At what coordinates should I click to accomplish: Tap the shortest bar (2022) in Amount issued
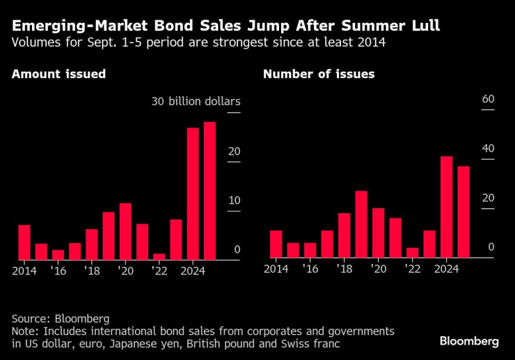[159, 256]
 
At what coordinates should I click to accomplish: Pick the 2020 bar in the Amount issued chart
[125, 231]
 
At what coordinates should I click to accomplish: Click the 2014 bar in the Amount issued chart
[24, 242]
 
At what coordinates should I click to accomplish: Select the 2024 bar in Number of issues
[447, 207]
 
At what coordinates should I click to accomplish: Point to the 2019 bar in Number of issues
[360, 224]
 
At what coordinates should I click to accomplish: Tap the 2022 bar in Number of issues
[413, 253]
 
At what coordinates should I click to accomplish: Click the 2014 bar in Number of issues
[276, 244]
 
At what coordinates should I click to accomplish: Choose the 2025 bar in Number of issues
[463, 212]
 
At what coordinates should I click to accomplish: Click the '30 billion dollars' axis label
[196, 102]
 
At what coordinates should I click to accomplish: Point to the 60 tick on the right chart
[488, 100]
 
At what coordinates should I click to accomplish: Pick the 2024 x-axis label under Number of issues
[447, 269]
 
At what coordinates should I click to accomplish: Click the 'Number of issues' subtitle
[319, 74]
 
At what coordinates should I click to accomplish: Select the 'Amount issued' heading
[59, 74]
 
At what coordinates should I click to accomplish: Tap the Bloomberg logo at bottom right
[469, 341]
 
